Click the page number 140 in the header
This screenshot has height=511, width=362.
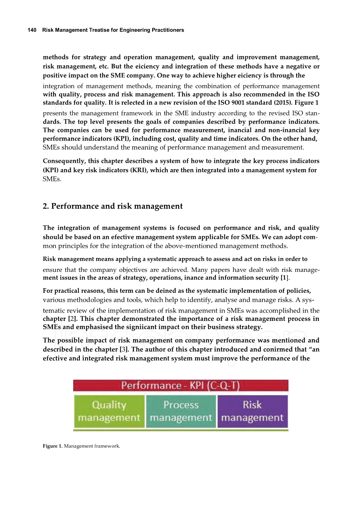click(x=32, y=30)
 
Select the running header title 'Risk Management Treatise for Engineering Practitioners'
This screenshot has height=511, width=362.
click(x=113, y=30)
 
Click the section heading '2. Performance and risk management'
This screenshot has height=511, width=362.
click(x=113, y=206)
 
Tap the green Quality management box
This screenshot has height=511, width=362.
click(x=109, y=411)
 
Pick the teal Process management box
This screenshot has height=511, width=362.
click(x=181, y=411)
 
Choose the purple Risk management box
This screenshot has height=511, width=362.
click(x=252, y=411)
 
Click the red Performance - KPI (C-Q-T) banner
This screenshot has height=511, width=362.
click(x=181, y=386)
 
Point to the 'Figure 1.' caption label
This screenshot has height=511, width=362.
click(x=52, y=446)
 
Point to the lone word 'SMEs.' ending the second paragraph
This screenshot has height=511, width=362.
click(x=52, y=179)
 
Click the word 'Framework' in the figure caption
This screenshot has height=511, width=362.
click(x=105, y=446)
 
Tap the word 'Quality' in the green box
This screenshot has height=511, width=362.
click(x=109, y=405)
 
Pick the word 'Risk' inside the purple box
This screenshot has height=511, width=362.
click(x=252, y=405)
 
